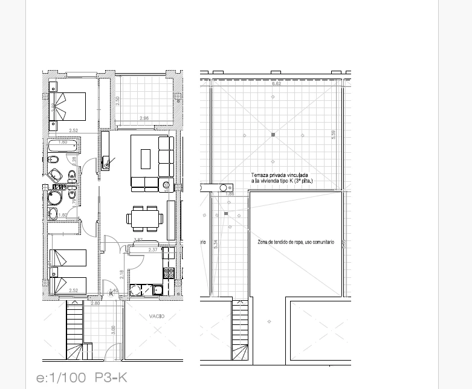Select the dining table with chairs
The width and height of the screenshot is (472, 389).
tap(145, 218)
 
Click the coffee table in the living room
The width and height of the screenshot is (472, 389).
tap(145, 159)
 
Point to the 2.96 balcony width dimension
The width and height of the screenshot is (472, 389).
tap(144, 118)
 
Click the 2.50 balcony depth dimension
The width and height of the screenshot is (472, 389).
tap(118, 101)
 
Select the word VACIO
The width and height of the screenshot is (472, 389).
tap(157, 316)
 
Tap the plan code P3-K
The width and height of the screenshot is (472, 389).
tap(111, 378)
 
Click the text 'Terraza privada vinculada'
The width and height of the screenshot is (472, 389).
tap(280, 175)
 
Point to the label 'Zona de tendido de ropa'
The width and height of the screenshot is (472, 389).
tap(296, 242)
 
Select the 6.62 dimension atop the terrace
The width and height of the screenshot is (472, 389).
tap(276, 83)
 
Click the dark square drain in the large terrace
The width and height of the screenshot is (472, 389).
tap(273, 135)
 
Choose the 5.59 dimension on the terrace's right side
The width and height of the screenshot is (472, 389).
tap(333, 135)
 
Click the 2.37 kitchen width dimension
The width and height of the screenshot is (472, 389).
tap(153, 249)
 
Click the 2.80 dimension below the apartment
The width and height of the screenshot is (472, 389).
tap(95, 303)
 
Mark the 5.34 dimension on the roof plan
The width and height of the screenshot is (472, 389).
tap(215, 245)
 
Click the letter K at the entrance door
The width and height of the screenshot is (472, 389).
tap(111, 293)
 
